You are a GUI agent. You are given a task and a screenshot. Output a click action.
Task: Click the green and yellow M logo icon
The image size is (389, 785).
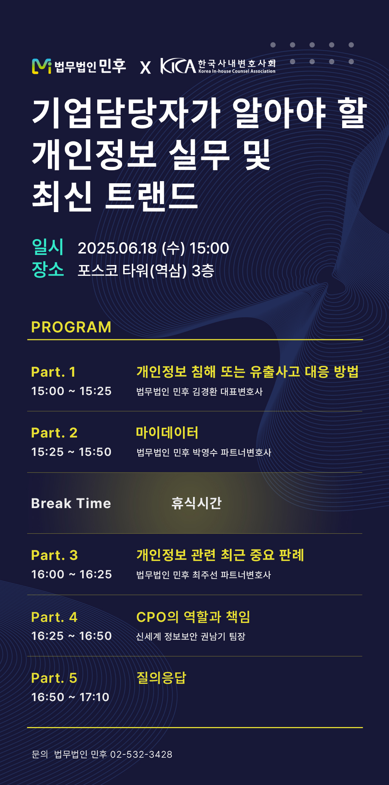click(x=42, y=66)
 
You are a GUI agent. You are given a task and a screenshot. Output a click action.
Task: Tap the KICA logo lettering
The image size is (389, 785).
click(x=178, y=66)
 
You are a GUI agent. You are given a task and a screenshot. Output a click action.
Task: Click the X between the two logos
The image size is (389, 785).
click(x=146, y=67)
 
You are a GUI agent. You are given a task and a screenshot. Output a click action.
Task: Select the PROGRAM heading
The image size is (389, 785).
click(x=71, y=327)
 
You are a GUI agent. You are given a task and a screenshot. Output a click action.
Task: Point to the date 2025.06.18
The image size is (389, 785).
click(x=117, y=248)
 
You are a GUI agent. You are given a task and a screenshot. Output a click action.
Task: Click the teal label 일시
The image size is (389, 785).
click(x=48, y=247)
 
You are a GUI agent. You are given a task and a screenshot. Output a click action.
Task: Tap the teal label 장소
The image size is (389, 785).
click(x=48, y=269)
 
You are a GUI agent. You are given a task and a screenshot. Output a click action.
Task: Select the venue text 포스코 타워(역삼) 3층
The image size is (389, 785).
click(x=146, y=271)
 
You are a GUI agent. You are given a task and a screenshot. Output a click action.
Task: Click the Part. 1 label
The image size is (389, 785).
click(x=53, y=372)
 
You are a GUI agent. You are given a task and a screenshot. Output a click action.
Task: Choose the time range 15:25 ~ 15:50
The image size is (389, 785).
click(x=71, y=452)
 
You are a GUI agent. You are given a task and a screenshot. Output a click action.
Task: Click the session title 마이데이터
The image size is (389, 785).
click(x=167, y=432)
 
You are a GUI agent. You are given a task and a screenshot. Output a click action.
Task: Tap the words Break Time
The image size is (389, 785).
click(x=71, y=503)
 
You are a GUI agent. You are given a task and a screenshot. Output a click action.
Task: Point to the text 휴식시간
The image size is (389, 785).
click(x=196, y=503)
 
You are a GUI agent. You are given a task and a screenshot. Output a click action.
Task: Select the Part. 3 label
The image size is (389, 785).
click(x=54, y=555)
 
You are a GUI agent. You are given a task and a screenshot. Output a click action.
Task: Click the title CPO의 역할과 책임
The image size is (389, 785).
click(x=193, y=617)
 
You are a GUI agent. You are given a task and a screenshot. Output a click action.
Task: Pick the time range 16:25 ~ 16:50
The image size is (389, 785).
click(x=71, y=636)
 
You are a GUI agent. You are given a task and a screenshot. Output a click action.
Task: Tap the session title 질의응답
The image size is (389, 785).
click(x=161, y=678)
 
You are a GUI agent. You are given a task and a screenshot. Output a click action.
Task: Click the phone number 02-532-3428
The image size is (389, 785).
click(x=141, y=754)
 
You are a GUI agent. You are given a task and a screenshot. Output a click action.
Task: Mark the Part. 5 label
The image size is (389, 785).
click(x=54, y=678)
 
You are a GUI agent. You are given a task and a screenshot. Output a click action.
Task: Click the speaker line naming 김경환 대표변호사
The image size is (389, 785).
click(x=200, y=391)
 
